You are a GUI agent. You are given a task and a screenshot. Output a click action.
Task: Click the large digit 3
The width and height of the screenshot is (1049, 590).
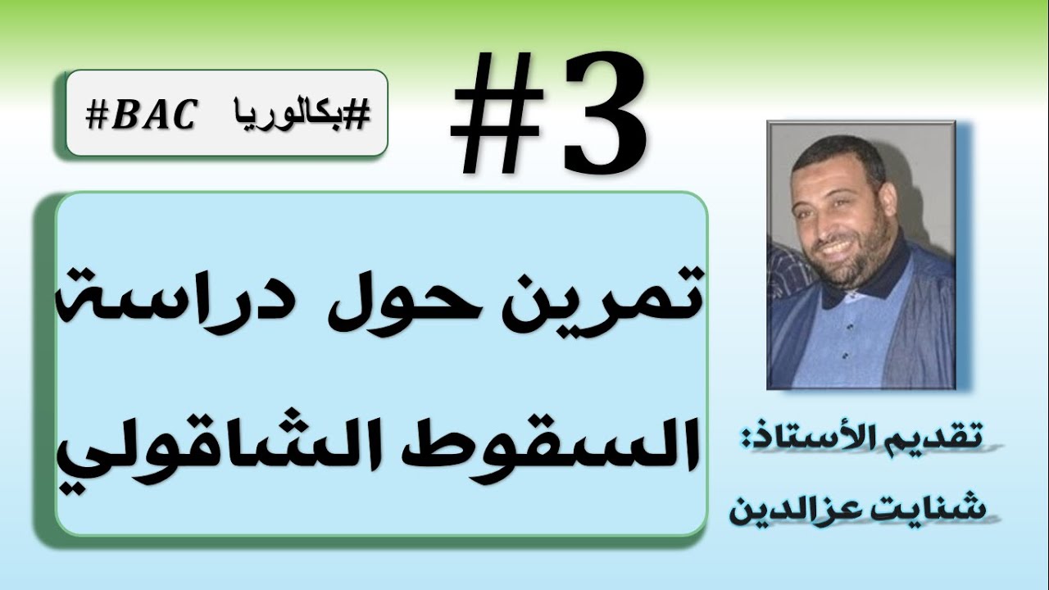click(x=603, y=115)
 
